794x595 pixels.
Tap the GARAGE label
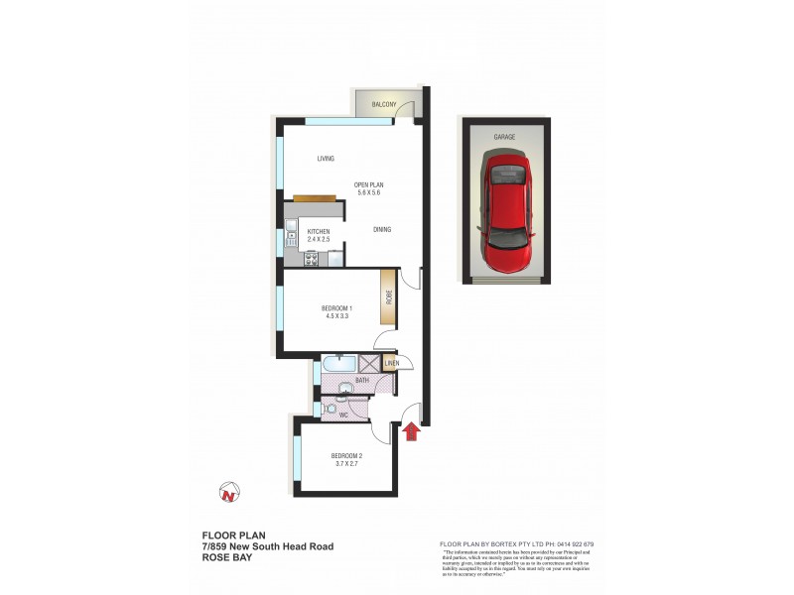pos(506,137)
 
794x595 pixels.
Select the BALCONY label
pos(384,105)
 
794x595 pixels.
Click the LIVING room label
pos(325,159)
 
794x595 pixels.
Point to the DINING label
pos(382,230)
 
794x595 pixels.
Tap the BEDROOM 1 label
pos(337,308)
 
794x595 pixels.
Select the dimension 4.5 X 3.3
pos(337,316)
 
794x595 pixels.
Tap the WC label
pos(343,415)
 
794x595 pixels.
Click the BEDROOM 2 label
pos(347,456)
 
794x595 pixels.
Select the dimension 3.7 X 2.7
pos(347,464)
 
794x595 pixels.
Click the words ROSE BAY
pos(225,558)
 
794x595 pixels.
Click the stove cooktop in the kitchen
pos(311,260)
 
